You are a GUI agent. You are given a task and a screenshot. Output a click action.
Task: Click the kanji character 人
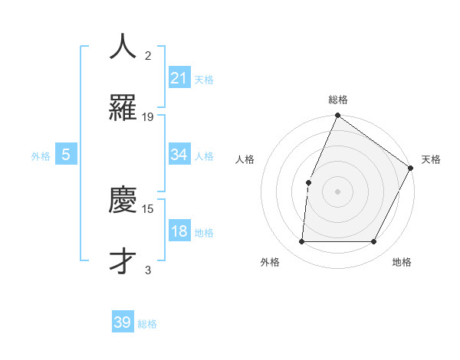[x=123, y=47]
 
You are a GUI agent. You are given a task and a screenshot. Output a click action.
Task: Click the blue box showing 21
[x=179, y=77]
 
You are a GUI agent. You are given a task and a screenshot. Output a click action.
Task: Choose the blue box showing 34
[x=179, y=155]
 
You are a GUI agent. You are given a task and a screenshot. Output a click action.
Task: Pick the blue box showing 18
[x=179, y=231]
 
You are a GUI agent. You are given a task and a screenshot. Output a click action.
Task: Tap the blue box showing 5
[x=66, y=155]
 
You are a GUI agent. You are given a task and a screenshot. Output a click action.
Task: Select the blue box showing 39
[x=123, y=322]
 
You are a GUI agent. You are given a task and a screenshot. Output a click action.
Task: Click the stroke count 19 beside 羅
[x=148, y=117]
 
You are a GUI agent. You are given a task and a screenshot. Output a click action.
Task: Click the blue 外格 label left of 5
[x=41, y=155]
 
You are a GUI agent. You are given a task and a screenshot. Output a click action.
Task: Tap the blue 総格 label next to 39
[x=147, y=324]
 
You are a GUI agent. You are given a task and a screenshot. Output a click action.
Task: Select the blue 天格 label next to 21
[x=204, y=79]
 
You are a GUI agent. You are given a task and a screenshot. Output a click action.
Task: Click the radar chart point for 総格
[x=337, y=116]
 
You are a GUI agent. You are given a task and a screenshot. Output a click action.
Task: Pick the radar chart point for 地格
[x=374, y=242]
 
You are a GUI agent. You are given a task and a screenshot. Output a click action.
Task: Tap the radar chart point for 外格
[x=301, y=242]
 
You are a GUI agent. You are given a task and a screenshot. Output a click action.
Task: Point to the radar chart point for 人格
[x=308, y=182]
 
